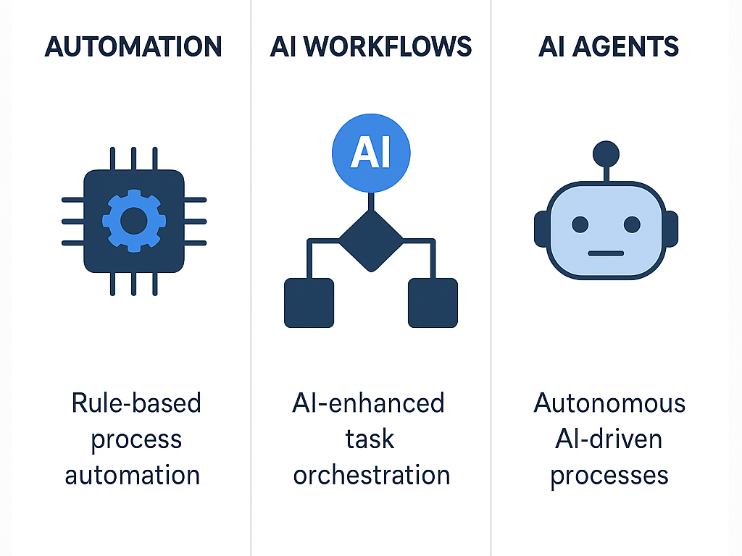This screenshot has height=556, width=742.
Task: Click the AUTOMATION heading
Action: click(133, 47)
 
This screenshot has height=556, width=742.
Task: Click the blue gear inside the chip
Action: click(134, 221)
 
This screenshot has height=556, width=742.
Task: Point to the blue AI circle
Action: click(371, 153)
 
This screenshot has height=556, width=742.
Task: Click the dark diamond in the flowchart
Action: click(371, 240)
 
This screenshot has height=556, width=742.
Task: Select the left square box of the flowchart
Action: click(309, 303)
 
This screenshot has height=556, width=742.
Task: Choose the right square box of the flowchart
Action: click(433, 303)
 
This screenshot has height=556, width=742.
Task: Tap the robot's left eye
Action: click(580, 224)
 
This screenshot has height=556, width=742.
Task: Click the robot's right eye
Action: click(632, 224)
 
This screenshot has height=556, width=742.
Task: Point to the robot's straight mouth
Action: click(606, 253)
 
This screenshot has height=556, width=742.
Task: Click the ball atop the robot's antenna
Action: click(606, 153)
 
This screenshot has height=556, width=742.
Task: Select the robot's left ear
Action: click(541, 230)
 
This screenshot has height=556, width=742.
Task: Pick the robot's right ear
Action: click(671, 230)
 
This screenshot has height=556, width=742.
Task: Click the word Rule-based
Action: click(136, 403)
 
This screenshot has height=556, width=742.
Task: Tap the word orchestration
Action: click(372, 475)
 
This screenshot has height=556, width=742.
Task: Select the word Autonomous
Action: click(609, 403)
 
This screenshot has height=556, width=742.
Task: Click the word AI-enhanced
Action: click(368, 403)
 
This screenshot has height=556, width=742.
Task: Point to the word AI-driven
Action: click(609, 439)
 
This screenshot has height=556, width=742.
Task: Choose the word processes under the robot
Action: click(609, 475)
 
